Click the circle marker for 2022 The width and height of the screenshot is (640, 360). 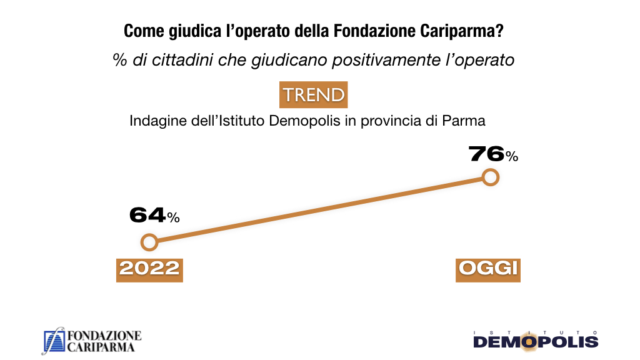click(149, 242)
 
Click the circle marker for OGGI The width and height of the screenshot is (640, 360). click(491, 177)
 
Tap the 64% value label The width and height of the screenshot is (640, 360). click(154, 216)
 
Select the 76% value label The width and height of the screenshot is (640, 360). click(493, 154)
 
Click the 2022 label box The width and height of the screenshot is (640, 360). click(149, 268)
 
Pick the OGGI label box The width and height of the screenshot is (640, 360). click(488, 268)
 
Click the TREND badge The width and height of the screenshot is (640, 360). click(313, 95)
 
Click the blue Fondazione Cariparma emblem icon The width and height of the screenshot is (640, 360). click(53, 341)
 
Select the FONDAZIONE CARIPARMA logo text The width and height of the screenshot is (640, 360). click(103, 341)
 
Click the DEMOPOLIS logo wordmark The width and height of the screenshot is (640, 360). click(536, 342)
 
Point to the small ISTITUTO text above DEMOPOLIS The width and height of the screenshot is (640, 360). click(536, 332)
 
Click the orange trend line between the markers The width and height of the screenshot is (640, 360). click(320, 210)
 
